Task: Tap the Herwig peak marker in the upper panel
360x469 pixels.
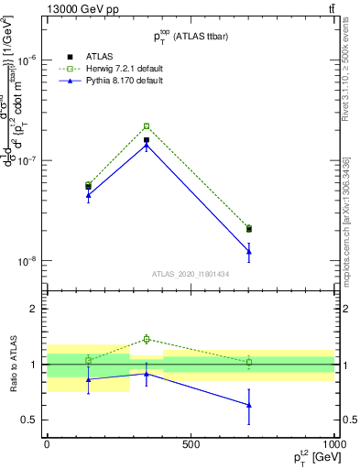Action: point(147,126)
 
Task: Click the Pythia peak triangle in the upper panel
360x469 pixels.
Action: point(147,145)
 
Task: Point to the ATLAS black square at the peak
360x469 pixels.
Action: point(147,140)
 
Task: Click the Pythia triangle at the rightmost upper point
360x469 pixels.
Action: point(249,251)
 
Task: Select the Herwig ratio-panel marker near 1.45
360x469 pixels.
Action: point(147,339)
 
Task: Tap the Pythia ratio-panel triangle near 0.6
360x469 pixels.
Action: point(249,405)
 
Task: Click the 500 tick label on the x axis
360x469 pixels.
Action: point(191,444)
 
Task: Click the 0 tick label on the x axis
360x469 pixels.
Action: point(47,444)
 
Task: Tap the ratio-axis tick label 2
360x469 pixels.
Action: point(34,309)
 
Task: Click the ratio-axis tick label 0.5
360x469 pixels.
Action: point(30,420)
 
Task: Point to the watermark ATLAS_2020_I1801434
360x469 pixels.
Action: point(190,274)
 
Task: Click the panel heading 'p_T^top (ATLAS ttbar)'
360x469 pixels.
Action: point(190,35)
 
